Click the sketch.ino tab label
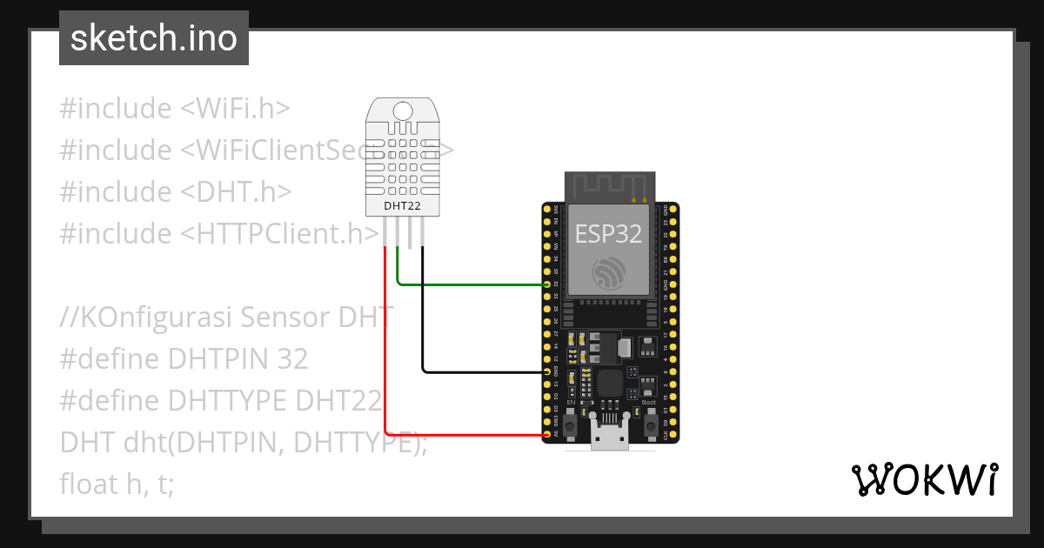click(154, 38)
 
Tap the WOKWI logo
click(923, 479)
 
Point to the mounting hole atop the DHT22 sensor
click(403, 110)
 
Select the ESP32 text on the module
click(608, 233)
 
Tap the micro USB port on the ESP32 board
click(609, 435)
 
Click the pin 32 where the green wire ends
click(547, 284)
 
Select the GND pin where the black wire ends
click(547, 371)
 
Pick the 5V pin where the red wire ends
click(547, 434)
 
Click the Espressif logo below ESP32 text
click(608, 273)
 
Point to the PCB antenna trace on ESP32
click(608, 185)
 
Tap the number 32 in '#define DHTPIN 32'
click(291, 358)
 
